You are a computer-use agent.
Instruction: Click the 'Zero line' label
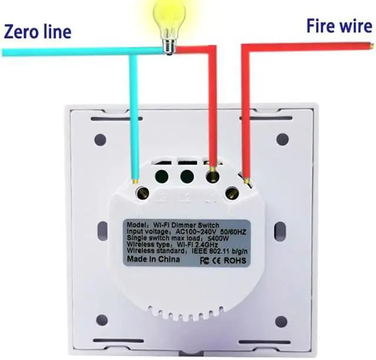pyautogui.click(x=38, y=31)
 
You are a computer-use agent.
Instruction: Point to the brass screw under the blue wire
pyautogui.click(x=142, y=191)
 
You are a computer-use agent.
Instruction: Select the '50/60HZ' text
pyautogui.click(x=238, y=232)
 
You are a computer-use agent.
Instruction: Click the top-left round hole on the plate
pyautogui.click(x=100, y=140)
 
